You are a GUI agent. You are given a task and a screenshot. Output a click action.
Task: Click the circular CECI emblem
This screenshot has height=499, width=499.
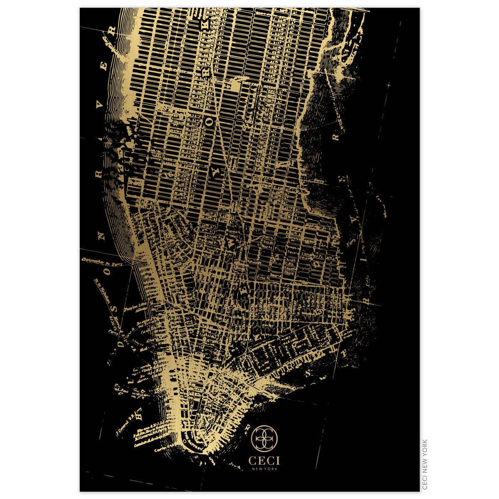pos(264,438)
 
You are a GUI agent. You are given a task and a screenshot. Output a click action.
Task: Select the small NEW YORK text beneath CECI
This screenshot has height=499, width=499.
pos(264,469)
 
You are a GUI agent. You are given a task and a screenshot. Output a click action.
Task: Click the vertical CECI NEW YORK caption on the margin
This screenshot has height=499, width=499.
pos(425,464)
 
